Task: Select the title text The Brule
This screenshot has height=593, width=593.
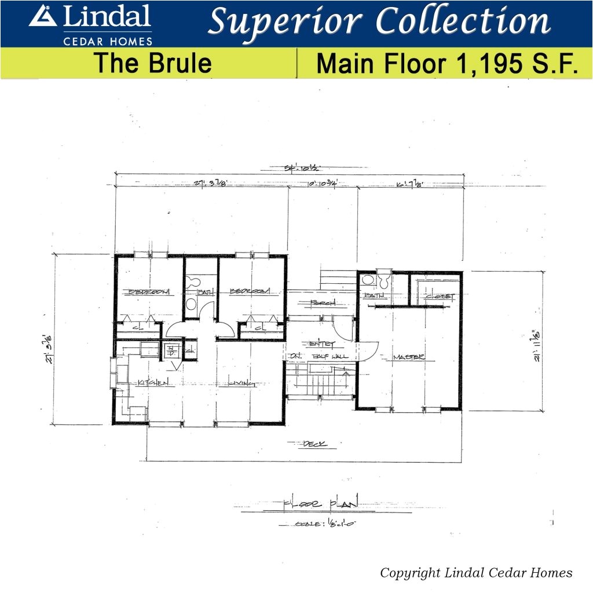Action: coord(153,63)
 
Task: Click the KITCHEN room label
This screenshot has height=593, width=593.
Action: coord(153,383)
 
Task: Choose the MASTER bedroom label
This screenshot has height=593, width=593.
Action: coord(409,357)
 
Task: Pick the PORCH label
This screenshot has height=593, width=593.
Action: coord(323,303)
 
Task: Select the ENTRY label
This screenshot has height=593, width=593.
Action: coord(323,344)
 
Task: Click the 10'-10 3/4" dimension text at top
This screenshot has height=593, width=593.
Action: coord(322,185)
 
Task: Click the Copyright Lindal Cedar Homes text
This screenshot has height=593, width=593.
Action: coord(476,573)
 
